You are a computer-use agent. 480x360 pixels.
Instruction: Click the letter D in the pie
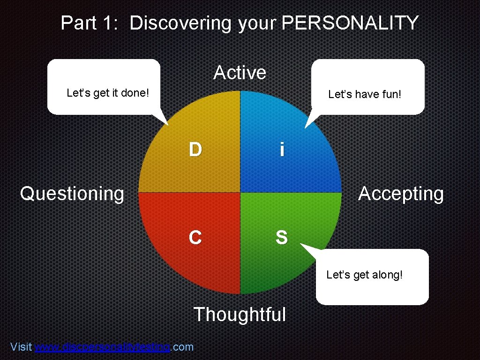pos(195,149)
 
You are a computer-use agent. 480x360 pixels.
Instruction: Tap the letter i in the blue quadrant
pos(281,150)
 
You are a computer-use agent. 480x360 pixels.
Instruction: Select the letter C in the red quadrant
pos(195,238)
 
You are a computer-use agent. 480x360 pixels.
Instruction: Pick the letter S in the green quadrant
pos(281,238)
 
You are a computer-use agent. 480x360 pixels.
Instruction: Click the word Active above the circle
pos(240,73)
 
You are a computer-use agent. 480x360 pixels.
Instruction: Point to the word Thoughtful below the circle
pos(240,314)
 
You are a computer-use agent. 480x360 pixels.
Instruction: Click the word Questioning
pos(72,193)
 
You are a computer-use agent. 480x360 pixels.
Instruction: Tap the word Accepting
pos(401,194)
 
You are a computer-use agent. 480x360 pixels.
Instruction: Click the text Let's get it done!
pos(108,93)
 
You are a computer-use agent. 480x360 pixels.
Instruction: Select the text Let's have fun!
pos(365,94)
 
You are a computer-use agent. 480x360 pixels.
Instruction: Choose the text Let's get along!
pos(364,275)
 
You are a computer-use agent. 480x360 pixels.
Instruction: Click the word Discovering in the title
pos(180,23)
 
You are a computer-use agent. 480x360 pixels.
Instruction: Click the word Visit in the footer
pos(21,347)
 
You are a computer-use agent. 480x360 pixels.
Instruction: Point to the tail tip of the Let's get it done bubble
pos(167,125)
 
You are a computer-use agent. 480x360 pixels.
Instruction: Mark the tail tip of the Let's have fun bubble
pos(305,127)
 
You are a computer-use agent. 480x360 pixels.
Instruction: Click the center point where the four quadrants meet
pos(240,192)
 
